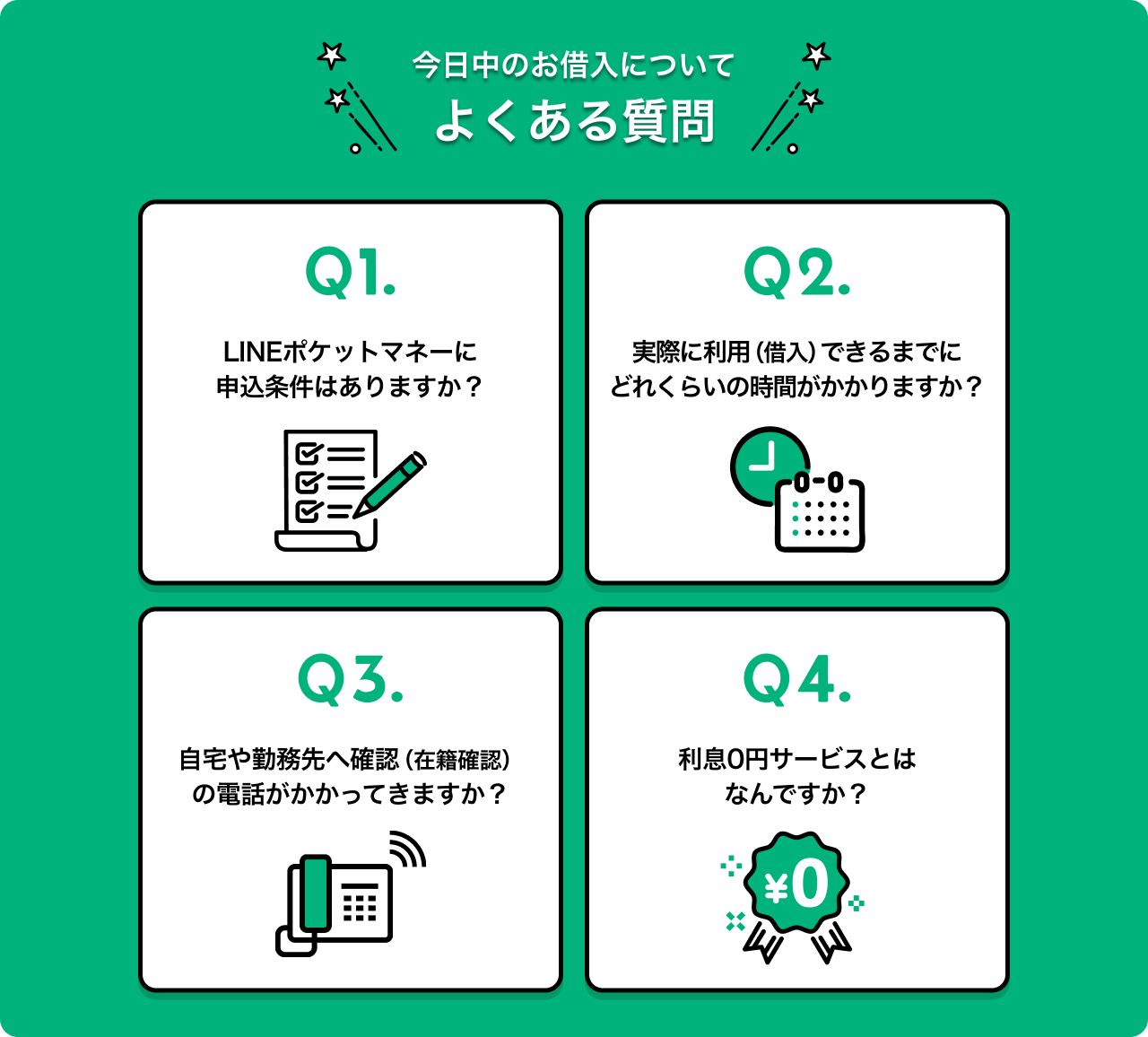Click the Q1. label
point(351,273)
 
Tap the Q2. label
point(797,273)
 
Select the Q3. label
point(351,680)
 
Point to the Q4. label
point(797,680)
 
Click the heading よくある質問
point(575,121)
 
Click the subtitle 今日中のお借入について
point(573,65)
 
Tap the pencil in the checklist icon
point(389,485)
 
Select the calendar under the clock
point(820,512)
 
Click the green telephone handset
point(316,893)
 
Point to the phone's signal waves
point(407,849)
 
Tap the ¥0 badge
point(796,883)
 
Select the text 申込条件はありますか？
point(350,388)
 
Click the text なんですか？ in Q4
point(796,794)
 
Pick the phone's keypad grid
point(360,903)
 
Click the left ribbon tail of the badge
point(763,942)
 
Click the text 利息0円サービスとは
point(797,759)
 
